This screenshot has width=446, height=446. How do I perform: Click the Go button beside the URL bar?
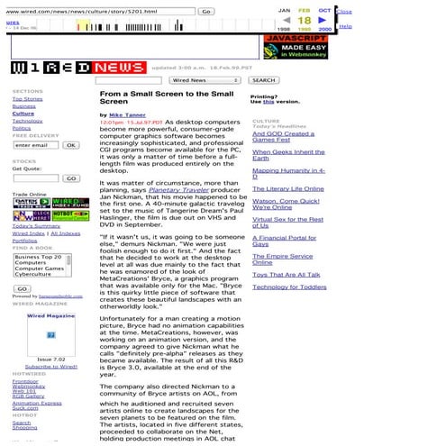205,12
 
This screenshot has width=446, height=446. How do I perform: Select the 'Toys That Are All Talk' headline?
286,274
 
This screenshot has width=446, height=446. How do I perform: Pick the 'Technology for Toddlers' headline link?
289,287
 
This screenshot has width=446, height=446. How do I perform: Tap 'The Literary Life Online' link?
287,189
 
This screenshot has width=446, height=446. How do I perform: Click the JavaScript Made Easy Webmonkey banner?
296,48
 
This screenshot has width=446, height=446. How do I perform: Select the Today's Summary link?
31,225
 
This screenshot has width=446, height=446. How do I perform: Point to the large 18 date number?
304,20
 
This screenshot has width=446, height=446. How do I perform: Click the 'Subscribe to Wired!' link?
50,367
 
